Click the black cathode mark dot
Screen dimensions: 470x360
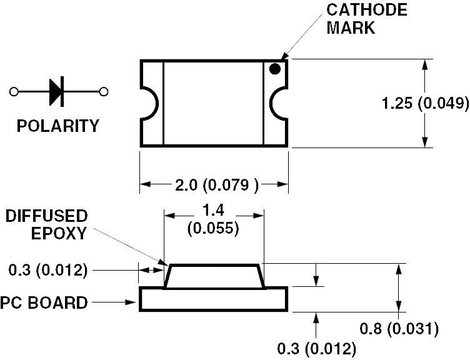point(275,69)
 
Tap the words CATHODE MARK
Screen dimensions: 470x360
point(367,19)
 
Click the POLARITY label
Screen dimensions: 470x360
point(58,126)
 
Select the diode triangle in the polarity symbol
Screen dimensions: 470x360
point(55,92)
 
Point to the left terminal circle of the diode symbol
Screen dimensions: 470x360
point(14,92)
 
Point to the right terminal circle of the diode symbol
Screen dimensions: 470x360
point(104,92)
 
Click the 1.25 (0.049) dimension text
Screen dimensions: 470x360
point(425,103)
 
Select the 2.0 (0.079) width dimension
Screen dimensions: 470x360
point(217,185)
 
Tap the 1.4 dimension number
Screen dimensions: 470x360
point(213,210)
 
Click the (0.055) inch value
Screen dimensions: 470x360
point(213,229)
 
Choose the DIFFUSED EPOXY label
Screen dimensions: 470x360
point(47,225)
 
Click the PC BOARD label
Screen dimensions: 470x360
point(44,303)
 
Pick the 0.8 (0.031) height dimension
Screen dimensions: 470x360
point(399,329)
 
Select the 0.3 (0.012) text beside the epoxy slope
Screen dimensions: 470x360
point(48,270)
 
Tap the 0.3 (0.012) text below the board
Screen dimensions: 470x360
point(317,349)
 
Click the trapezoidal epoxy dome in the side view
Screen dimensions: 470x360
point(214,276)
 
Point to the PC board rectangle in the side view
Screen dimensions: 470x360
point(213,299)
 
